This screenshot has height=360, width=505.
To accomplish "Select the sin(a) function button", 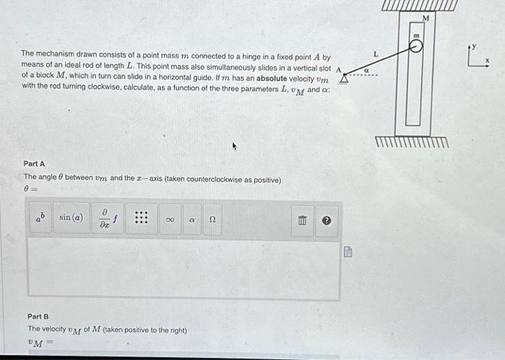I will pyautogui.click(x=71, y=217).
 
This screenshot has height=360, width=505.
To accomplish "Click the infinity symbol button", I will pyautogui.click(x=169, y=217).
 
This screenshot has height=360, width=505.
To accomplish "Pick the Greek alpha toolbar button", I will pyautogui.click(x=191, y=217).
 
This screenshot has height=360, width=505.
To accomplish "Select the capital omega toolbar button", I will pyautogui.click(x=212, y=217).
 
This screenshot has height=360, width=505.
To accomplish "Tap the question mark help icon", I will pyautogui.click(x=326, y=218).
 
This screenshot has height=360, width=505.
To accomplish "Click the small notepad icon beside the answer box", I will pyautogui.click(x=348, y=252).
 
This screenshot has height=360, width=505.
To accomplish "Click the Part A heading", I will pyautogui.click(x=34, y=164).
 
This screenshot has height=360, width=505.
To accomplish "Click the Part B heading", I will pyautogui.click(x=38, y=316).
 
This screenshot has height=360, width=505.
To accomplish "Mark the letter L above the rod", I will pyautogui.click(x=375, y=54).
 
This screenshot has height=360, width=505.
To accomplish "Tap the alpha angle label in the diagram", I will pyautogui.click(x=366, y=71).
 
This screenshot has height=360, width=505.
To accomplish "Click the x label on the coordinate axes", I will pyautogui.click(x=488, y=61).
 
